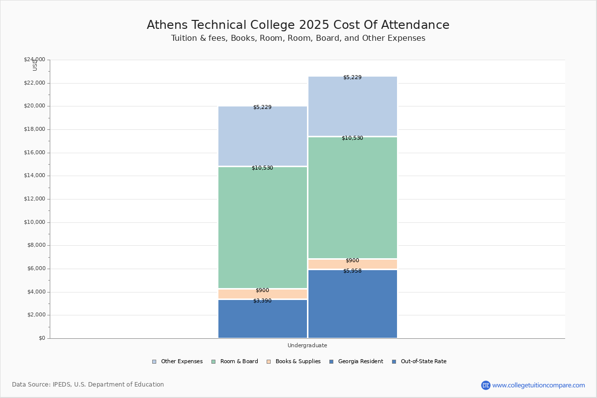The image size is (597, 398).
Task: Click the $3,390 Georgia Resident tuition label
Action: (262, 300)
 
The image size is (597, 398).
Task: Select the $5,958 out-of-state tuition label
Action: (352, 271)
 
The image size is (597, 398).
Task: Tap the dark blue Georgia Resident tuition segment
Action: (263, 321)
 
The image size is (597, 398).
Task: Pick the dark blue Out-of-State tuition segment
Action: (352, 306)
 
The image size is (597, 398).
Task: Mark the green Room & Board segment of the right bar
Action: (352, 199)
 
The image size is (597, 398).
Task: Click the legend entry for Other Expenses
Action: (178, 362)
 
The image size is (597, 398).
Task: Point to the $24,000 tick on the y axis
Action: (34, 60)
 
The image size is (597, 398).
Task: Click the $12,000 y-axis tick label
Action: (34, 199)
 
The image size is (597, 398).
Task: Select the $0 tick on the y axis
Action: (41, 338)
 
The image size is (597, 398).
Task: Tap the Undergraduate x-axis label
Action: (307, 345)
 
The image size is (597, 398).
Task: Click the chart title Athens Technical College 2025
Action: (298, 25)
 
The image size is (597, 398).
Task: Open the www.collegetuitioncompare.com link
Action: (538, 385)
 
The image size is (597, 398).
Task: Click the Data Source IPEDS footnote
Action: (88, 385)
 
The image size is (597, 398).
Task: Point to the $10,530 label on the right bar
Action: (352, 138)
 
